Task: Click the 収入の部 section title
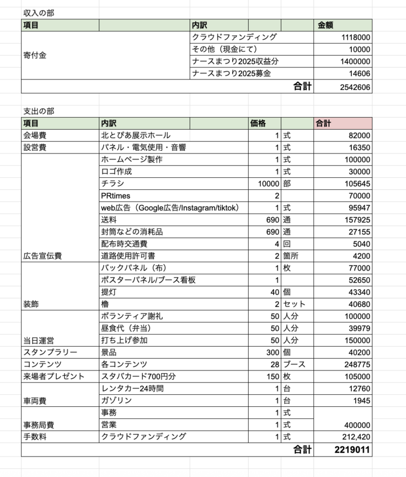click(x=39, y=12)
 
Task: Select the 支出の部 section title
click(x=39, y=111)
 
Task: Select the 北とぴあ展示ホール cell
click(x=136, y=135)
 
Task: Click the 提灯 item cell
click(x=109, y=292)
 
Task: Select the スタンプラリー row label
click(x=50, y=352)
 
